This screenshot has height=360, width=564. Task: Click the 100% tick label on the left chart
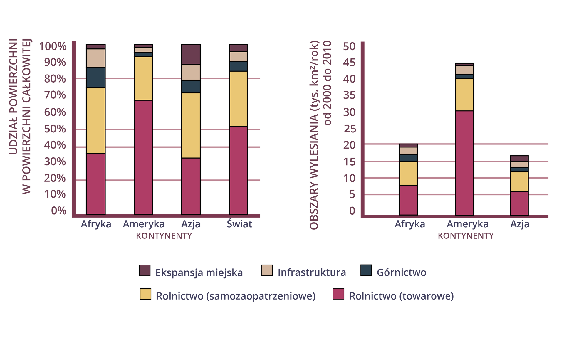click(x=53, y=46)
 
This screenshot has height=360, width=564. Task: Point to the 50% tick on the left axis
click(x=55, y=129)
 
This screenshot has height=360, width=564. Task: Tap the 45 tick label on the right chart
click(x=349, y=63)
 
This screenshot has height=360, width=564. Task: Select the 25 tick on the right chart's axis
click(x=349, y=129)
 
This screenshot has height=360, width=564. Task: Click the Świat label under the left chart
click(x=239, y=224)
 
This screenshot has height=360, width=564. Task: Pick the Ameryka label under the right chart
click(x=467, y=224)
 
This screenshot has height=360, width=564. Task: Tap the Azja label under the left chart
click(x=191, y=224)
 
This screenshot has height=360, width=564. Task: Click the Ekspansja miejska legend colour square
click(x=145, y=270)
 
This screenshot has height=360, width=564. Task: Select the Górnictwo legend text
click(x=401, y=272)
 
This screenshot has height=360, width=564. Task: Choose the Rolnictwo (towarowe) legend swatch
click(x=338, y=294)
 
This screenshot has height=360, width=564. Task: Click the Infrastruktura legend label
click(x=312, y=272)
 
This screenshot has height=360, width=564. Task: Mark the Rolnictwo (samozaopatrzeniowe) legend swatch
click(x=145, y=294)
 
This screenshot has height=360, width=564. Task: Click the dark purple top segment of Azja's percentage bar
click(x=191, y=54)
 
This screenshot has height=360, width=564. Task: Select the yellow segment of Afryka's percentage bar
click(x=96, y=120)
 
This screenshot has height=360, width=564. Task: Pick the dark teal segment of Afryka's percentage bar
click(x=96, y=77)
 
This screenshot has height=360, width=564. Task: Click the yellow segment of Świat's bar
click(x=239, y=99)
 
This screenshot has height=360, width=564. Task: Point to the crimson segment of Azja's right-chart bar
click(x=519, y=203)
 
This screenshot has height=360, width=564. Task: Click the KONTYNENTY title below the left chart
click(x=164, y=236)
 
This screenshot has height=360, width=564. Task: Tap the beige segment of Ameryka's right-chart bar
click(x=464, y=70)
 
